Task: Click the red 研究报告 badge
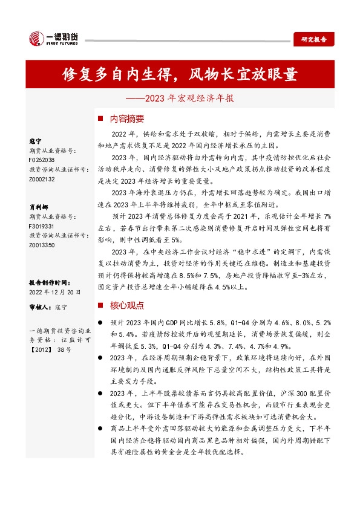click(x=313, y=39)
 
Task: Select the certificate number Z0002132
click(x=42, y=180)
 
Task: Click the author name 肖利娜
click(x=38, y=206)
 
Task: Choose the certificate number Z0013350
click(x=42, y=245)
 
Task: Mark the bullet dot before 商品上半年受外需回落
click(x=100, y=427)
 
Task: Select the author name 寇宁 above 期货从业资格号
click(x=35, y=140)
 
